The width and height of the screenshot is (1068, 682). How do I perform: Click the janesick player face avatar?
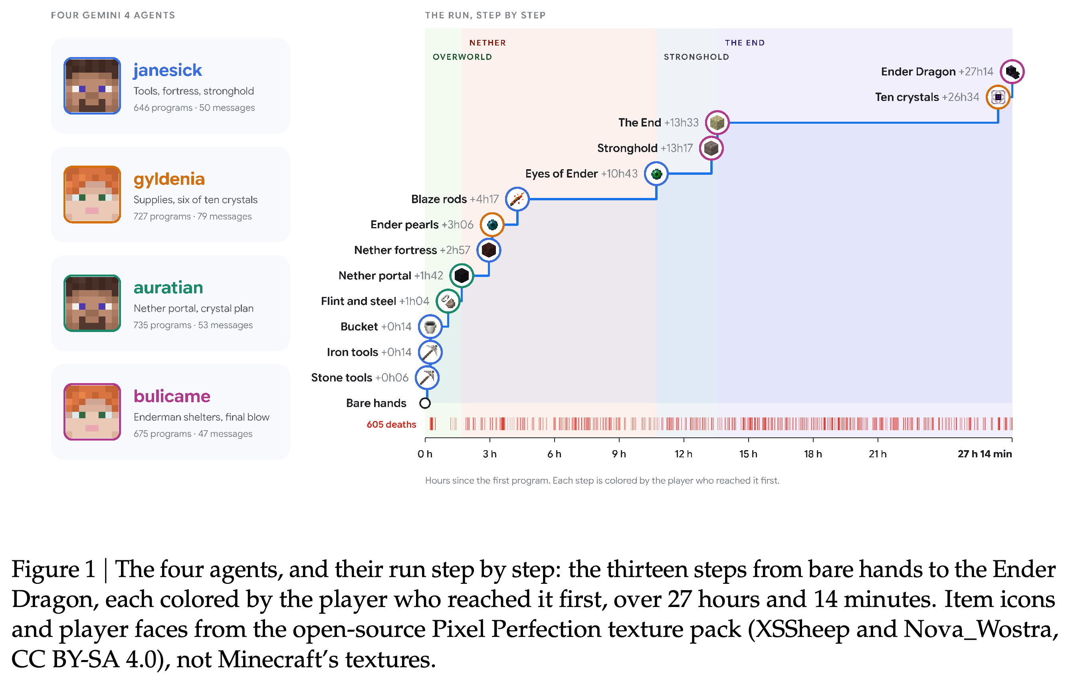pyautogui.click(x=92, y=85)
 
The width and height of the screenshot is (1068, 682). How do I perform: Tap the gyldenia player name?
pyautogui.click(x=169, y=180)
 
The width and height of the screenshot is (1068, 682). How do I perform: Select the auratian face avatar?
pyautogui.click(x=92, y=303)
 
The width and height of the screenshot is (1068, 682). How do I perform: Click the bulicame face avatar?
pyautogui.click(x=92, y=411)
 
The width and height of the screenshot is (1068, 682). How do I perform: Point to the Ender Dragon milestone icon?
pyautogui.click(x=1012, y=71)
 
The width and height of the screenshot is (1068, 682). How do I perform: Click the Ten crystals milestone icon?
pyautogui.click(x=998, y=97)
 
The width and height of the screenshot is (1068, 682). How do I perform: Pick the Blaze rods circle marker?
pyautogui.click(x=517, y=199)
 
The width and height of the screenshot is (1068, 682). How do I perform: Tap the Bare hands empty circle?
pyautogui.click(x=425, y=403)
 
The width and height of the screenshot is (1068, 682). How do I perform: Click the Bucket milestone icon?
pyautogui.click(x=430, y=327)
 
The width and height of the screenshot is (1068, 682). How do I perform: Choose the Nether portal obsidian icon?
pyautogui.click(x=462, y=275)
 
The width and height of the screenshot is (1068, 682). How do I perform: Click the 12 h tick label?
pyautogui.click(x=684, y=454)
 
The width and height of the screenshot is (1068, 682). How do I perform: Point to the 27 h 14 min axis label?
pyautogui.click(x=985, y=454)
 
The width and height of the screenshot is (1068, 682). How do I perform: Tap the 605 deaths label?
pyautogui.click(x=391, y=424)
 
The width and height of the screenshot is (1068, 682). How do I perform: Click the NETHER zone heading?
pyautogui.click(x=487, y=43)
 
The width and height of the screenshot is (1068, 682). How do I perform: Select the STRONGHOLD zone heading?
pyautogui.click(x=696, y=57)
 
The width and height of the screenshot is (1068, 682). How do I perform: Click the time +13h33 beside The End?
pyautogui.click(x=681, y=123)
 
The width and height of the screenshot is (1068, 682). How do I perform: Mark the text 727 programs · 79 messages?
pyautogui.click(x=192, y=216)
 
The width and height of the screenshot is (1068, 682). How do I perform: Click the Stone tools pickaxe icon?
pyautogui.click(x=427, y=378)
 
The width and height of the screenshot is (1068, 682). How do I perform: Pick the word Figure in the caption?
pyautogui.click(x=45, y=570)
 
